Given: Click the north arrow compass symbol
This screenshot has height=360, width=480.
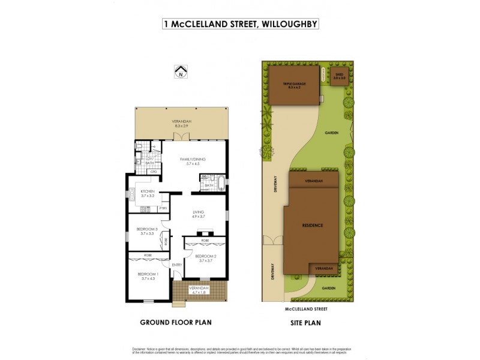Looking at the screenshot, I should coord(180,73).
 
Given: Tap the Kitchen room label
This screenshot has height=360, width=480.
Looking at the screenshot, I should coord(148,191).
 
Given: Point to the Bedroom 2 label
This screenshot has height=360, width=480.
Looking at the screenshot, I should coord(205,256).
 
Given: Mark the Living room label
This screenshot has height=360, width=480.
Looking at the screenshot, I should coord(199,212).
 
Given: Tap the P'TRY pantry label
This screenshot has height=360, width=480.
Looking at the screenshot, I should coord(163,208).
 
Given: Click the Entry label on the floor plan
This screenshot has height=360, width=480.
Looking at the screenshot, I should coord(177,265).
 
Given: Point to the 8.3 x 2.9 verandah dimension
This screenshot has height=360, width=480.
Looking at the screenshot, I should coord(182,127).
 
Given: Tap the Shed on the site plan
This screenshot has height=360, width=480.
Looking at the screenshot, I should coord(340,76).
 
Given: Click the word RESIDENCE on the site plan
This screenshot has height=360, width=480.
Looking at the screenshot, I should coord(313,226).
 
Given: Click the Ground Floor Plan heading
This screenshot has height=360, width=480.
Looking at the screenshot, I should coord(175,322).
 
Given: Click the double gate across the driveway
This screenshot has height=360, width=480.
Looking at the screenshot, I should coord(272,241).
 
